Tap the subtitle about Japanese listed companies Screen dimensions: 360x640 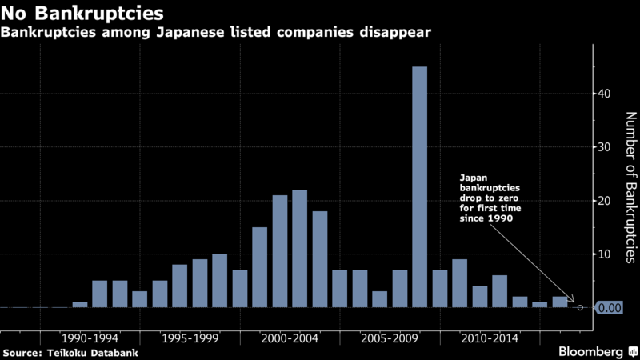(x=216, y=34)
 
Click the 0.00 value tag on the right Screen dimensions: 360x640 (x=610, y=307)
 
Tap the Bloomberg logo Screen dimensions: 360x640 (x=593, y=352)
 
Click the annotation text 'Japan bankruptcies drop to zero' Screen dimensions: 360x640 (x=488, y=197)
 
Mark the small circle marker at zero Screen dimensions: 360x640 (x=579, y=307)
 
